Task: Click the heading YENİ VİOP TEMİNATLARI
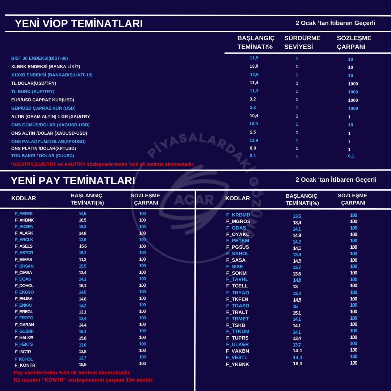click(x=79, y=24)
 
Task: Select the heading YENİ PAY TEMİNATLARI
click(x=73, y=181)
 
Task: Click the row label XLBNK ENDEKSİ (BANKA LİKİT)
click(x=46, y=67)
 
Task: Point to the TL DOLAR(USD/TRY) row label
click(x=34, y=83)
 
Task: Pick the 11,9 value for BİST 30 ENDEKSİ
click(x=254, y=58)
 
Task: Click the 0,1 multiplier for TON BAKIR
click(x=351, y=156)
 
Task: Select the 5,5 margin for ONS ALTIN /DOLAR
click(x=253, y=132)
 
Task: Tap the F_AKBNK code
click(x=24, y=220)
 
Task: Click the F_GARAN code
click(x=24, y=325)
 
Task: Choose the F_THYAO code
click(x=237, y=293)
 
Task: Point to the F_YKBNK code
click(x=237, y=364)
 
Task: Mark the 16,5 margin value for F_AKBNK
click(x=83, y=220)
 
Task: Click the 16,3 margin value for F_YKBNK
click(x=298, y=364)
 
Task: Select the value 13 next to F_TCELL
click(x=295, y=286)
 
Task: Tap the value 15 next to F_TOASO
click(x=295, y=306)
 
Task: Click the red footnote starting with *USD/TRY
click(x=102, y=164)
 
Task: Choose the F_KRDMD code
click(x=238, y=215)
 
